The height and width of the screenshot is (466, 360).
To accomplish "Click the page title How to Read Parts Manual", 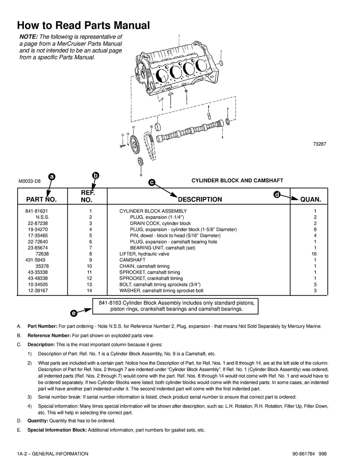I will tap(83, 25).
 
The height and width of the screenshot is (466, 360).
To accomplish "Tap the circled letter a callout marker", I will tap(52, 177).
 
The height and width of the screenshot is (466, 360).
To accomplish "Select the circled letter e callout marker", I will tap(73, 312).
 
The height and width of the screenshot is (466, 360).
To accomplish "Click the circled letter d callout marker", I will tap(277, 195).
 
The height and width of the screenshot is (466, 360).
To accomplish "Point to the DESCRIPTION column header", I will tap(200, 200).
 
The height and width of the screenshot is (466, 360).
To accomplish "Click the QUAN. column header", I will tap(310, 200).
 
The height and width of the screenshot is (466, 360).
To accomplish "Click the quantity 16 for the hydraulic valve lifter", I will tap(314, 254).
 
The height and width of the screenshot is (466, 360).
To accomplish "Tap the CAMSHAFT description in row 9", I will tap(132, 260).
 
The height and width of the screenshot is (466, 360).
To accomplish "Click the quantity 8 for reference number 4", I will tap(315, 229).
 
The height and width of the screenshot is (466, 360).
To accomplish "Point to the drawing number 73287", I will tap(320, 144).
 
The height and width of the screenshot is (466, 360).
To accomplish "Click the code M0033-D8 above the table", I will tap(30, 181).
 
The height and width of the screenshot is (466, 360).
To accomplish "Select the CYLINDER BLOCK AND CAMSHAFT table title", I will tap(237, 181).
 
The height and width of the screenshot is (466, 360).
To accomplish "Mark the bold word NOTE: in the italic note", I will tap(28, 37).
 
